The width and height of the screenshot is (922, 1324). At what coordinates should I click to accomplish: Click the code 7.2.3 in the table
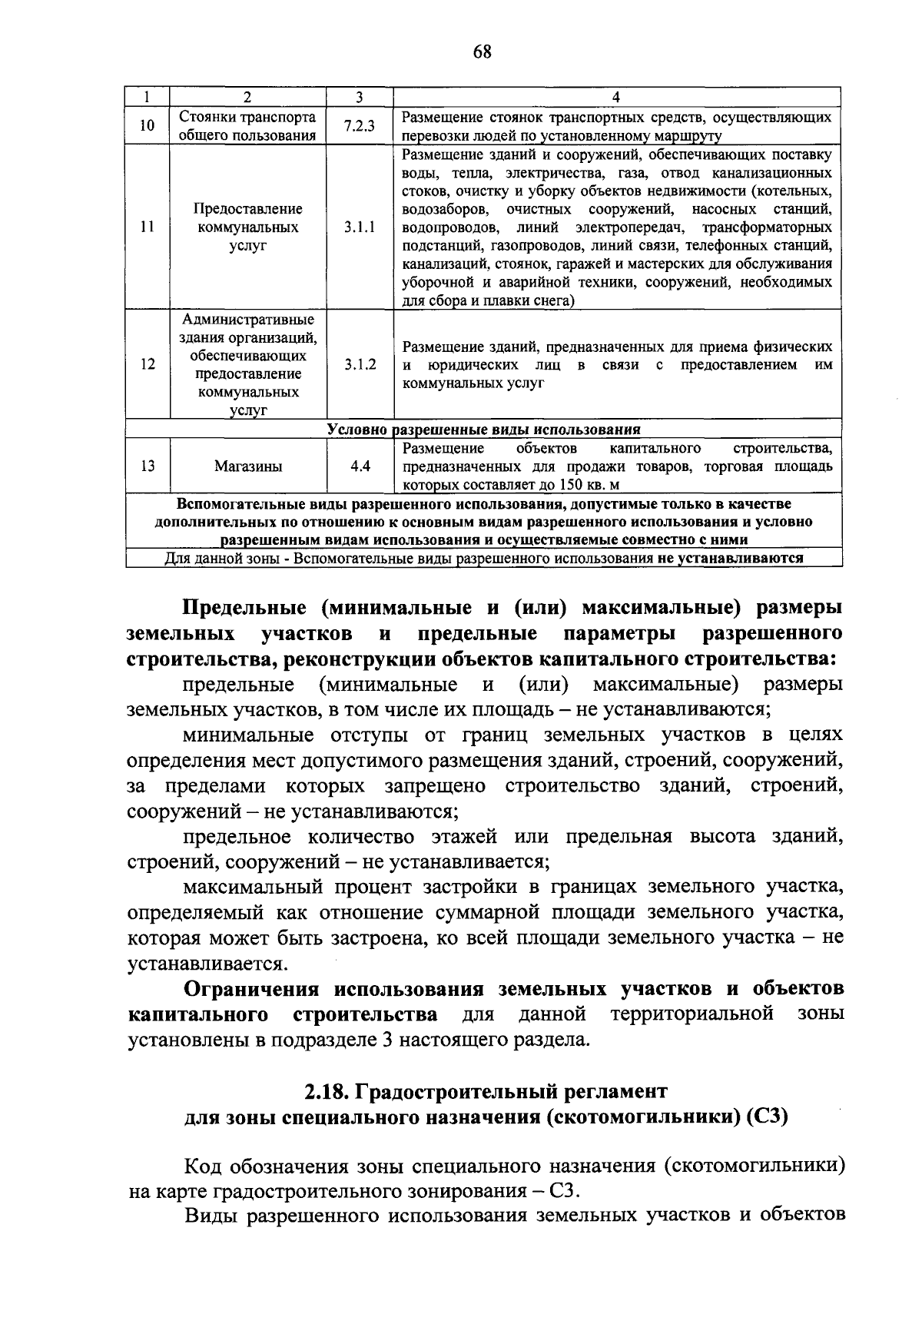coord(360,127)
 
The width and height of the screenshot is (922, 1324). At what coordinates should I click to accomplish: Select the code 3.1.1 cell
coord(360,227)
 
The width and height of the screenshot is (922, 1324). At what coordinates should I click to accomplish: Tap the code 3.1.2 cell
coord(360,364)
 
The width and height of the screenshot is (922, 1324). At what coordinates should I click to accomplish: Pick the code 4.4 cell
coord(360,466)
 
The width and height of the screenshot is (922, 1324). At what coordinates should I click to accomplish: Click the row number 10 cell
coord(148,127)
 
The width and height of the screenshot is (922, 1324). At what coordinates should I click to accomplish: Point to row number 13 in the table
coord(148,466)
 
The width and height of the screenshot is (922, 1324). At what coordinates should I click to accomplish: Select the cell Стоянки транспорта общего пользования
coord(247,127)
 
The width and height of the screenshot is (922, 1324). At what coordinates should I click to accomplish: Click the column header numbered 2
coord(247,98)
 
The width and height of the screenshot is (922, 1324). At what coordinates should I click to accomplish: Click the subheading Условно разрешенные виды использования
coord(483,430)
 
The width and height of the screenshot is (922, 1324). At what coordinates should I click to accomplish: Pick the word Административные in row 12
coord(247,320)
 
